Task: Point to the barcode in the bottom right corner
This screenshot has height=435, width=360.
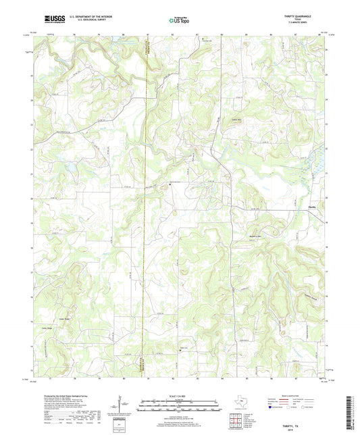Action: point(351,413)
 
